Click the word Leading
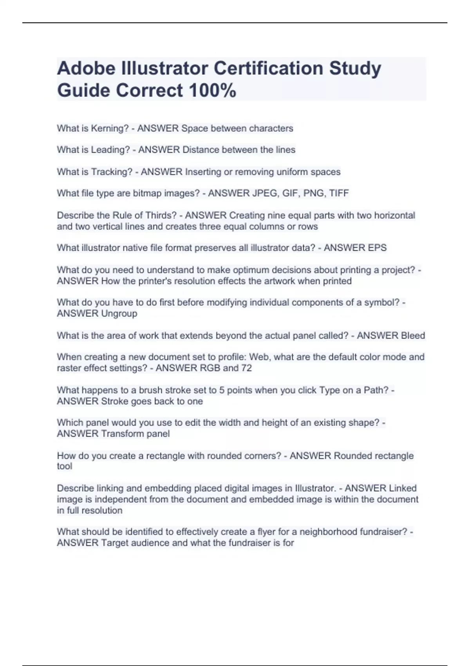point(110,150)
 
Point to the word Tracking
point(112,172)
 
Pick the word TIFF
point(339,193)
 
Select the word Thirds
point(161,215)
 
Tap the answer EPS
point(377,248)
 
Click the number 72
point(246,368)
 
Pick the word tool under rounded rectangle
point(64,466)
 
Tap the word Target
point(114,543)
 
